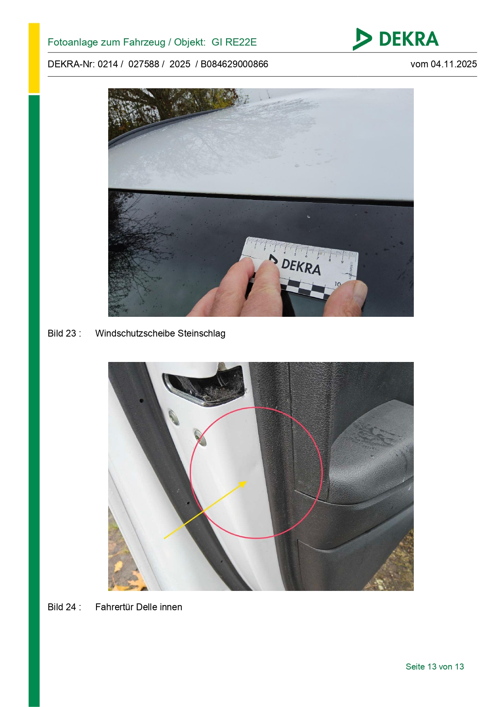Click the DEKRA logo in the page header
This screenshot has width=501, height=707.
click(395, 39)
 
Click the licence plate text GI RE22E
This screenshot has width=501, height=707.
click(234, 42)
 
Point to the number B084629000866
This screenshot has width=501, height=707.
click(234, 64)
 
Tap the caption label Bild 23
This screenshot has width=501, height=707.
click(62, 333)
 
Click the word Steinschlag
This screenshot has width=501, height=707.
click(201, 333)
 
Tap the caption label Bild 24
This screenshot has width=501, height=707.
click(62, 607)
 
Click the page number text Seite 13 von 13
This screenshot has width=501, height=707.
click(435, 667)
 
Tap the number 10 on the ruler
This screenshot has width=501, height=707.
click(337, 284)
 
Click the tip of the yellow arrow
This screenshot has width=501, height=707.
click(247, 481)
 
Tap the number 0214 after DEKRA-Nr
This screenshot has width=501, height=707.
click(108, 64)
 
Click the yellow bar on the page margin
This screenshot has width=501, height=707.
click(34, 58)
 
